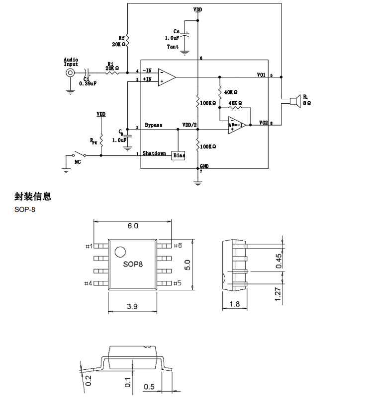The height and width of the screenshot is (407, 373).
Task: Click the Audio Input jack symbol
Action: tap(71, 73)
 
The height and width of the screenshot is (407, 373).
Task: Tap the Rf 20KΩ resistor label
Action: tap(119, 41)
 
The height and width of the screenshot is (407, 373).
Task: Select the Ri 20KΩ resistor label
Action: tap(112, 66)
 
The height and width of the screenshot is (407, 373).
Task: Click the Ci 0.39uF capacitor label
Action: tap(88, 81)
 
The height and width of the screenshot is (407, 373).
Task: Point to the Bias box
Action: tap(179, 155)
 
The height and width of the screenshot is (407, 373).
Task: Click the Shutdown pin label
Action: tap(154, 153)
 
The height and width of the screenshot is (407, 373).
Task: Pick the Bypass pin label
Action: tap(153, 125)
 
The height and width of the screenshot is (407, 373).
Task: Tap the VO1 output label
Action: tap(262, 75)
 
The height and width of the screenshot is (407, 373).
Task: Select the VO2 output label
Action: tap(263, 122)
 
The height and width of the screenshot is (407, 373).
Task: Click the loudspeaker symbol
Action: tap(294, 101)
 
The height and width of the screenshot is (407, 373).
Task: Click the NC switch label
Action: tap(78, 162)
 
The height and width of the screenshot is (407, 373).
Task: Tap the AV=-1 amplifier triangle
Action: tap(236, 125)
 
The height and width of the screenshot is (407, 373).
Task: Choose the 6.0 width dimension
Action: tap(132, 226)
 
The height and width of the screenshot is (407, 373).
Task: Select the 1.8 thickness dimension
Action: tap(235, 303)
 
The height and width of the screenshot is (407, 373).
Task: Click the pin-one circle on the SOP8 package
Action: tap(120, 251)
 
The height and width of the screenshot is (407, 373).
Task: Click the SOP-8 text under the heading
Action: tap(25, 209)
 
